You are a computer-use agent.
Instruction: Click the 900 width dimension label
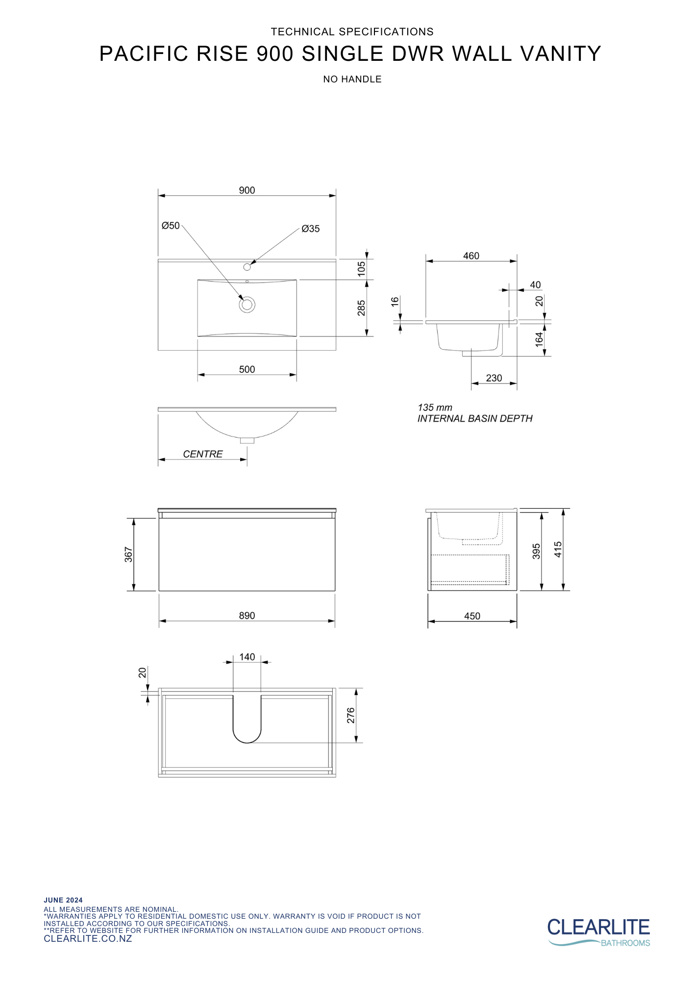coord(247,190)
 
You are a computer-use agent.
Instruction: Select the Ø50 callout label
coord(171,226)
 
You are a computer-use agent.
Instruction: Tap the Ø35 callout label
coord(310,229)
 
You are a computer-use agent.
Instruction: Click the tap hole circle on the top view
coord(247,267)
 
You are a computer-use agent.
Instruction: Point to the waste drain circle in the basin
coord(247,305)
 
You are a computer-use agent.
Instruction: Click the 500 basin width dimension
coord(247,369)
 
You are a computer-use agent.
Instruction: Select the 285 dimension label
coord(361,308)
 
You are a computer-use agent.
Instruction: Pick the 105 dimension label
coord(361,269)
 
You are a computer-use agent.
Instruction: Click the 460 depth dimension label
coord(471,256)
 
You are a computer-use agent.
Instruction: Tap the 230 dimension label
coord(494,378)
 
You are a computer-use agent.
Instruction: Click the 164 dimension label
coord(539,339)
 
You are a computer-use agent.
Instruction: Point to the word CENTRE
coord(202,454)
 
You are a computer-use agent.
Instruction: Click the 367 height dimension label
coord(128,554)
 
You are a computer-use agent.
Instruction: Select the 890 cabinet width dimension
coord(247,616)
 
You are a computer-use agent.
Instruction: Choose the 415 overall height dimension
coord(558,549)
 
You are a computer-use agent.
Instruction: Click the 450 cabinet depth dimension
coord(472,616)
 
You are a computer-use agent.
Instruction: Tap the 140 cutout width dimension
coord(247,657)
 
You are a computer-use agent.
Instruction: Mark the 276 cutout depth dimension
coord(350,715)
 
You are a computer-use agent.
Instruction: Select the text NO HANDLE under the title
coord(352,79)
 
